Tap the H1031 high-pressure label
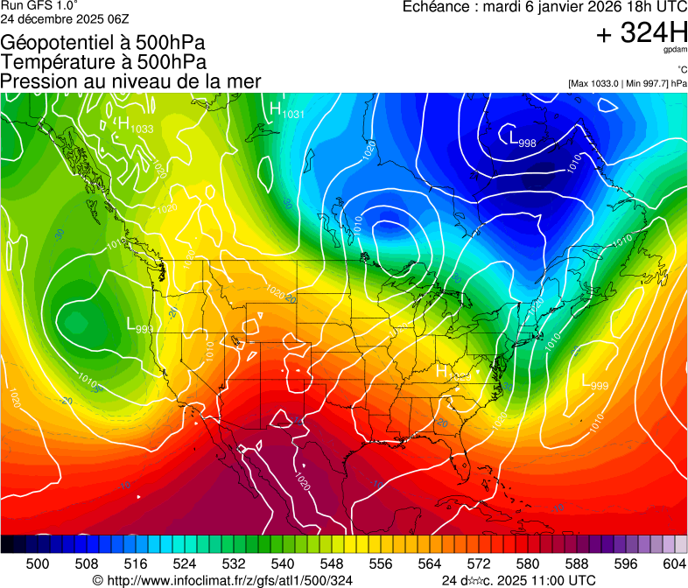click(x=287, y=110)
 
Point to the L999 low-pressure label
click(x=595, y=381)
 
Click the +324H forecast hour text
click(x=641, y=33)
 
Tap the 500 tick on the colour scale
click(x=38, y=563)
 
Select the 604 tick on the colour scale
click(x=674, y=563)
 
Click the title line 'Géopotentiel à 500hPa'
click(x=103, y=42)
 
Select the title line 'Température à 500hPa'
click(x=103, y=61)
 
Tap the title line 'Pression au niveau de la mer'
click(x=130, y=80)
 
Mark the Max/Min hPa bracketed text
click(x=627, y=84)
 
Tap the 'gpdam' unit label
click(x=673, y=50)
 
